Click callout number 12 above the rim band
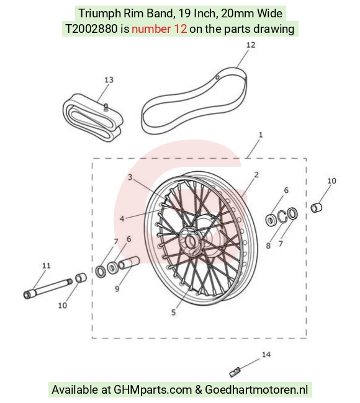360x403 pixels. click(251, 45)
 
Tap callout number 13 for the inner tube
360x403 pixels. click(109, 80)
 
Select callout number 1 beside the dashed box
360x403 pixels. click(261, 135)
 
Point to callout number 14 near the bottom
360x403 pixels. click(266, 355)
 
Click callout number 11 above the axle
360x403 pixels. click(47, 265)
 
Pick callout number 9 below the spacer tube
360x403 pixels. click(117, 289)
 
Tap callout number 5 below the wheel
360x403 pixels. click(173, 312)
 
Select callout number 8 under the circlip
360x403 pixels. click(268, 246)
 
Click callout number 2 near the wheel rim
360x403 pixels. click(256, 175)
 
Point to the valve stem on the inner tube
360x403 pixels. click(106, 107)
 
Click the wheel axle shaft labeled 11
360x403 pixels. click(48, 288)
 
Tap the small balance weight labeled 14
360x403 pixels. click(235, 373)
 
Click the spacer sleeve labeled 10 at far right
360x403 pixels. click(317, 208)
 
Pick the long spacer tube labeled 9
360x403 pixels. click(128, 263)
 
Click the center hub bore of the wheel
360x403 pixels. click(191, 242)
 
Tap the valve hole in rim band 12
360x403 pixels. click(217, 77)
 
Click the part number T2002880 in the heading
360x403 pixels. click(91, 29)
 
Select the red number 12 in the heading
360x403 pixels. click(181, 29)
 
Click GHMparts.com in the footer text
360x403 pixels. click(153, 390)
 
